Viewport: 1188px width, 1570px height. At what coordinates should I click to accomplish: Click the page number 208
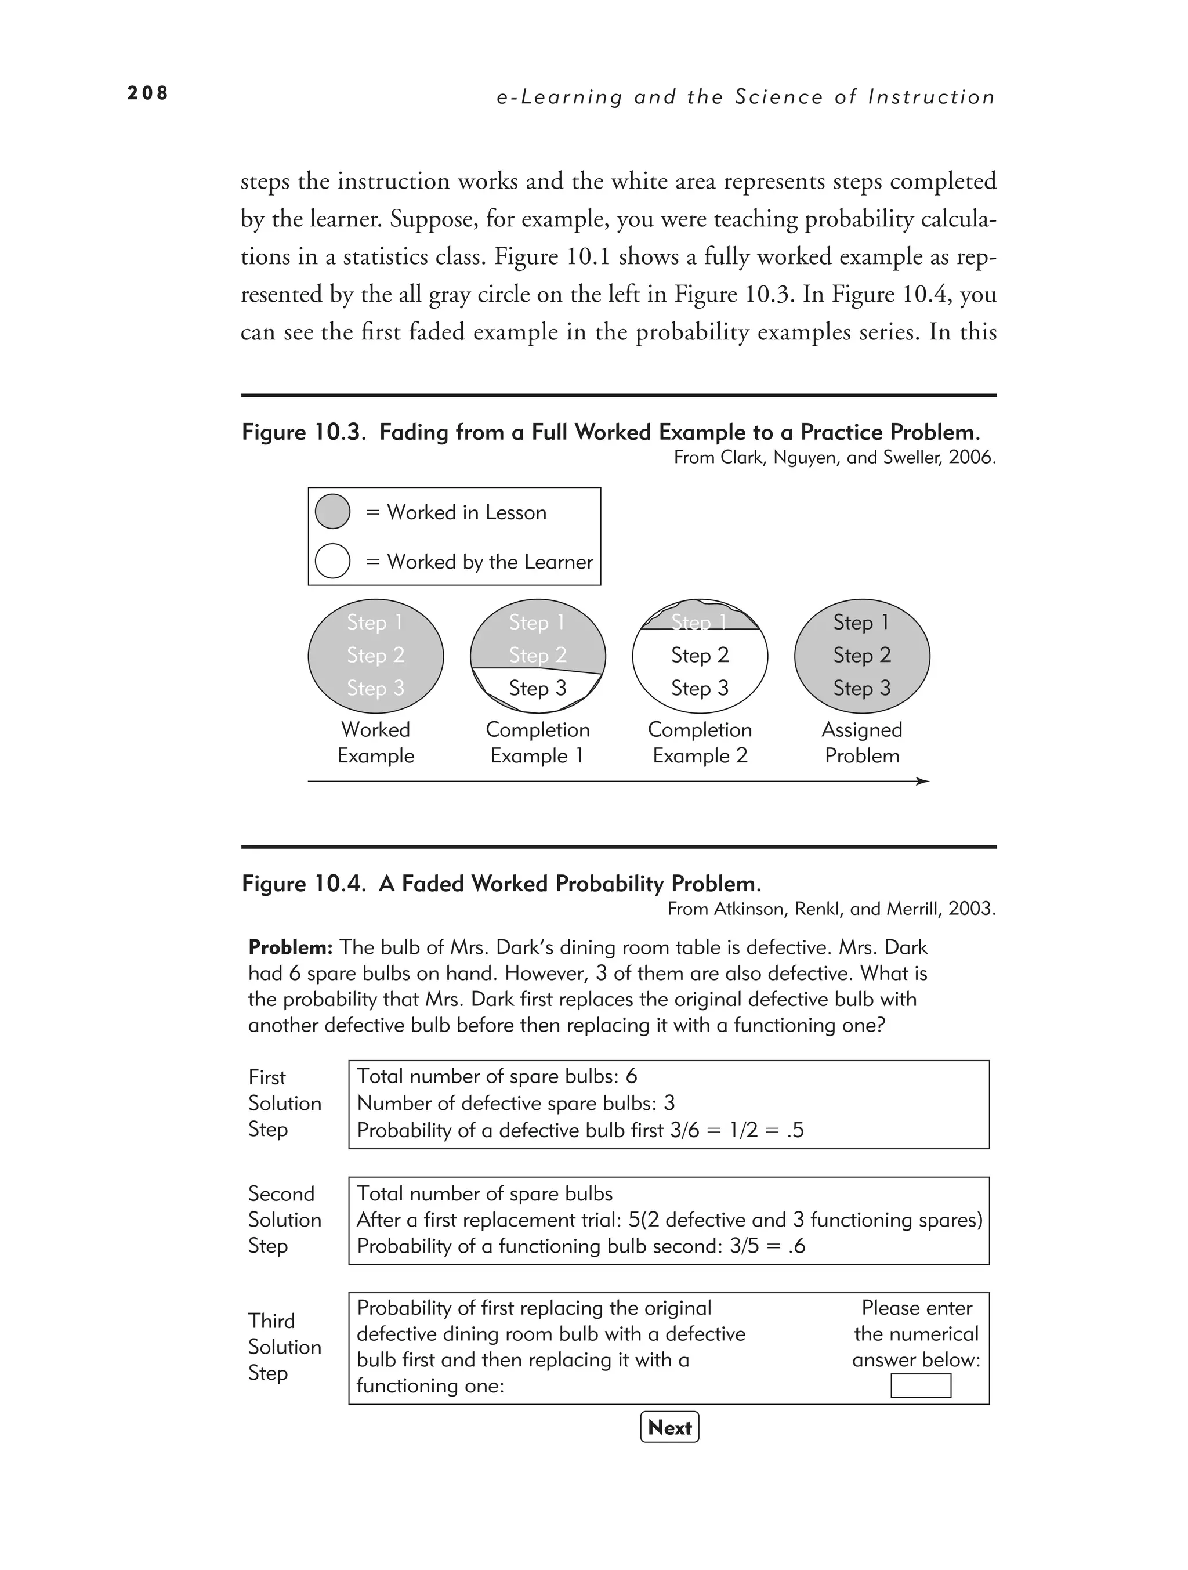(x=147, y=93)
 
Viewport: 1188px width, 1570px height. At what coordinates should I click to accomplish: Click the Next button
(x=669, y=1427)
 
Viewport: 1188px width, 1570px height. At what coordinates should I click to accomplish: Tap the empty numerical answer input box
(x=921, y=1385)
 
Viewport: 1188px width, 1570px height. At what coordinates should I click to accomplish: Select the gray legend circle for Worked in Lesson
(x=332, y=511)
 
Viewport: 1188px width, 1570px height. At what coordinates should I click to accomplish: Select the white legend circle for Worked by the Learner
(x=332, y=560)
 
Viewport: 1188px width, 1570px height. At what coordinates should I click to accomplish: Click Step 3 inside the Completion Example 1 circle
(x=537, y=688)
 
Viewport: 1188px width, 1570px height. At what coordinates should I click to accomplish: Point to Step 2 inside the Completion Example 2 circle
(x=700, y=654)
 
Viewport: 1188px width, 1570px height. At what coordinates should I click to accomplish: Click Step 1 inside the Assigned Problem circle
(x=861, y=622)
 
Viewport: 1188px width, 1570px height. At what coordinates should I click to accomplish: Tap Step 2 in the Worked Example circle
(x=375, y=654)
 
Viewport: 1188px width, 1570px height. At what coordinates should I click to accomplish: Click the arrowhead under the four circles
(x=922, y=782)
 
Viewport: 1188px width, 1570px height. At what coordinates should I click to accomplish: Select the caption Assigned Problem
(x=861, y=743)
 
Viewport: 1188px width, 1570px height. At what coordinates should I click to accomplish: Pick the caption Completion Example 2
(x=700, y=743)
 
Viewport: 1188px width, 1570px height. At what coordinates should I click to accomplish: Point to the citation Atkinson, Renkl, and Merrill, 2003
(x=831, y=909)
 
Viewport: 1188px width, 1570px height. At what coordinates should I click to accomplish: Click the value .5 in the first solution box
(x=795, y=1130)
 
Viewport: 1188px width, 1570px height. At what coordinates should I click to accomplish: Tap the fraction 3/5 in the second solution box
(x=744, y=1246)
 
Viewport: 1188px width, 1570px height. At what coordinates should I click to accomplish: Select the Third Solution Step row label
(x=284, y=1347)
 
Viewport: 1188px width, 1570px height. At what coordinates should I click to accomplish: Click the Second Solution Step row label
(x=284, y=1220)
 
